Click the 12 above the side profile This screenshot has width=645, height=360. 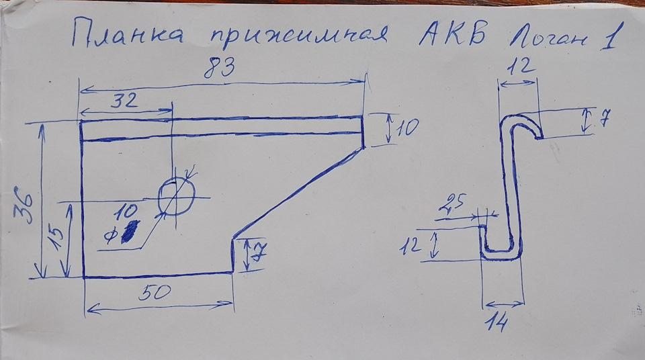[x=518, y=66]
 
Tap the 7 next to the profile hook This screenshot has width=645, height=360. [x=603, y=120]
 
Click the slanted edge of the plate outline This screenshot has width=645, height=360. [x=296, y=192]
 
